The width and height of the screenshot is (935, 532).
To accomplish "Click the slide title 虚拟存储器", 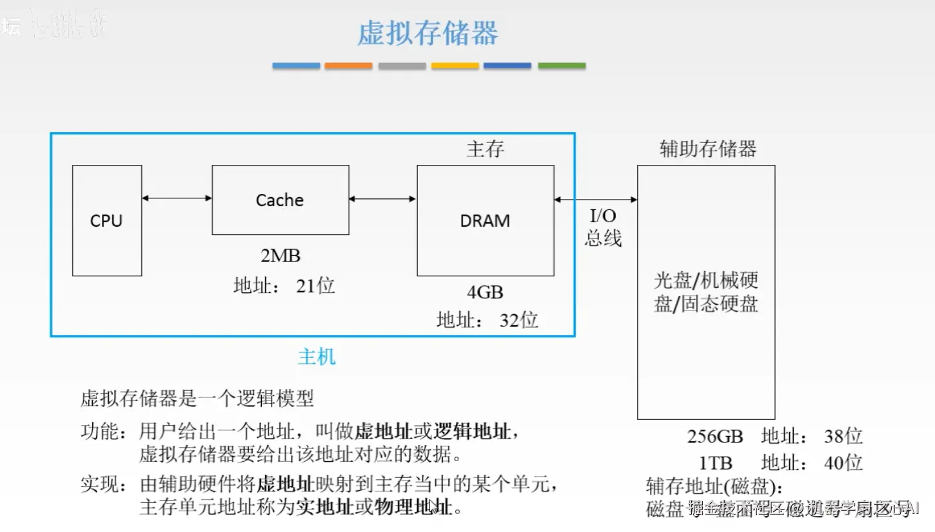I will pyautogui.click(x=428, y=33).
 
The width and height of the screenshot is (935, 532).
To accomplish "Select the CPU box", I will pyautogui.click(x=107, y=220).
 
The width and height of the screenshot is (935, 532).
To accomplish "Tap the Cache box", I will pyautogui.click(x=280, y=200).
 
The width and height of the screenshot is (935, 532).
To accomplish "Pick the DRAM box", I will pyautogui.click(x=485, y=220).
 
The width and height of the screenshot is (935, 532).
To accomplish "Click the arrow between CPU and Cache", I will pyautogui.click(x=177, y=198).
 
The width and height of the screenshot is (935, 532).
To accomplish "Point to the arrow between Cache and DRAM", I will pyautogui.click(x=382, y=199).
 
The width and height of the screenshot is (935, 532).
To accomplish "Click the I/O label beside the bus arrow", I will pyautogui.click(x=603, y=216).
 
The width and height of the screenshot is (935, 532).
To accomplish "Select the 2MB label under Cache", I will pyautogui.click(x=280, y=256).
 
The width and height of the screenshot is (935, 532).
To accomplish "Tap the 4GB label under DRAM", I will pyautogui.click(x=485, y=292).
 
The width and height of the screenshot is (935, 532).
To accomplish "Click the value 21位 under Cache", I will pyautogui.click(x=315, y=285).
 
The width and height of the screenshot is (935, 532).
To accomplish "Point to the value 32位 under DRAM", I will pyautogui.click(x=518, y=319).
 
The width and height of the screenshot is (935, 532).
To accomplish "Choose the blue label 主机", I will pyautogui.click(x=317, y=357).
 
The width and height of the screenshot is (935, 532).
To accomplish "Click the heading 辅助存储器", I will pyautogui.click(x=707, y=149).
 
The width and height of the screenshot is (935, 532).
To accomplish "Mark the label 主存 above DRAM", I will pyautogui.click(x=485, y=149).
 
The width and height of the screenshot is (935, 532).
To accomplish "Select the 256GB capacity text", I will pyautogui.click(x=715, y=437).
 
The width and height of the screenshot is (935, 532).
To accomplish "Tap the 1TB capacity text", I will pyautogui.click(x=716, y=463).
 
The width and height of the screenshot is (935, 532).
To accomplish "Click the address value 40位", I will pyautogui.click(x=843, y=463).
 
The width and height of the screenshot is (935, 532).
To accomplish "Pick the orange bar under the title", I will pyautogui.click(x=348, y=66).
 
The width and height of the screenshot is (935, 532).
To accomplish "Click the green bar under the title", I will pyautogui.click(x=562, y=66).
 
